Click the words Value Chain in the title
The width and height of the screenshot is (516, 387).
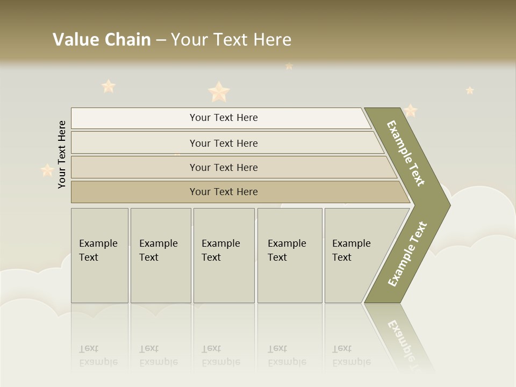[102, 40]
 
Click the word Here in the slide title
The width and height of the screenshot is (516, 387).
[272, 40]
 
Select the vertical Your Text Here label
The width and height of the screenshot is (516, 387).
[62, 154]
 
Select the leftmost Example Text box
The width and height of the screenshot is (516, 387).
[99, 255]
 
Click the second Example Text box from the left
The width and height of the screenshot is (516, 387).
[160, 255]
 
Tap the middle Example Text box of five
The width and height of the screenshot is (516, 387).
[224, 255]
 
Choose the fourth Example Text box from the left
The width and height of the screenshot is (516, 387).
[289, 255]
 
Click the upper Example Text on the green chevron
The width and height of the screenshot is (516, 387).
[406, 153]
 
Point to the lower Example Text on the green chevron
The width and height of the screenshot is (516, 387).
[407, 254]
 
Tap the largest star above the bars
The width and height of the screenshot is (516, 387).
[219, 92]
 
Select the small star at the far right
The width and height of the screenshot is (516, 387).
[470, 90]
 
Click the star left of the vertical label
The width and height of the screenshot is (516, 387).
[47, 170]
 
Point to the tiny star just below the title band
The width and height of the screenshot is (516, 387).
[289, 66]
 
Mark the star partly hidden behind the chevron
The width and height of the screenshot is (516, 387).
[411, 111]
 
